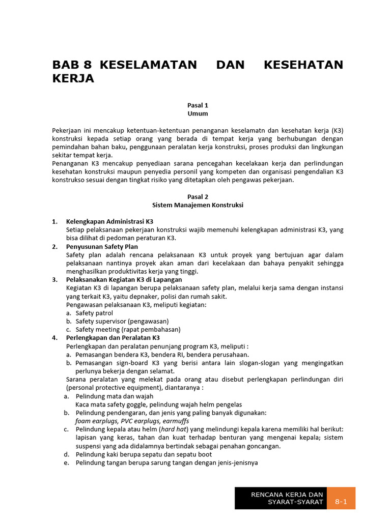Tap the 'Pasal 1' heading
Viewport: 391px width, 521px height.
tap(198, 105)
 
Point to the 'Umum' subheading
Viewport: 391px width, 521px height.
tap(198, 113)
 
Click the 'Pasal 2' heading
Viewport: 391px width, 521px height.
tap(198, 197)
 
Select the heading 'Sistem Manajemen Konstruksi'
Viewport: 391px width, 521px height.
tap(198, 205)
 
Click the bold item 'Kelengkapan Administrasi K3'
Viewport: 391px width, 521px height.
tap(109, 222)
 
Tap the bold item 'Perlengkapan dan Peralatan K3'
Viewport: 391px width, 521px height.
tap(113, 338)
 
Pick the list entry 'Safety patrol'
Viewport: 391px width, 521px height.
tap(94, 313)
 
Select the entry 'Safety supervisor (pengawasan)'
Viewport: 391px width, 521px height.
tap(122, 322)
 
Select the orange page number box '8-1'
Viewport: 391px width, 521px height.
tap(341, 502)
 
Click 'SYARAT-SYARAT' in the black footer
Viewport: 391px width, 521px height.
tap(296, 503)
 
